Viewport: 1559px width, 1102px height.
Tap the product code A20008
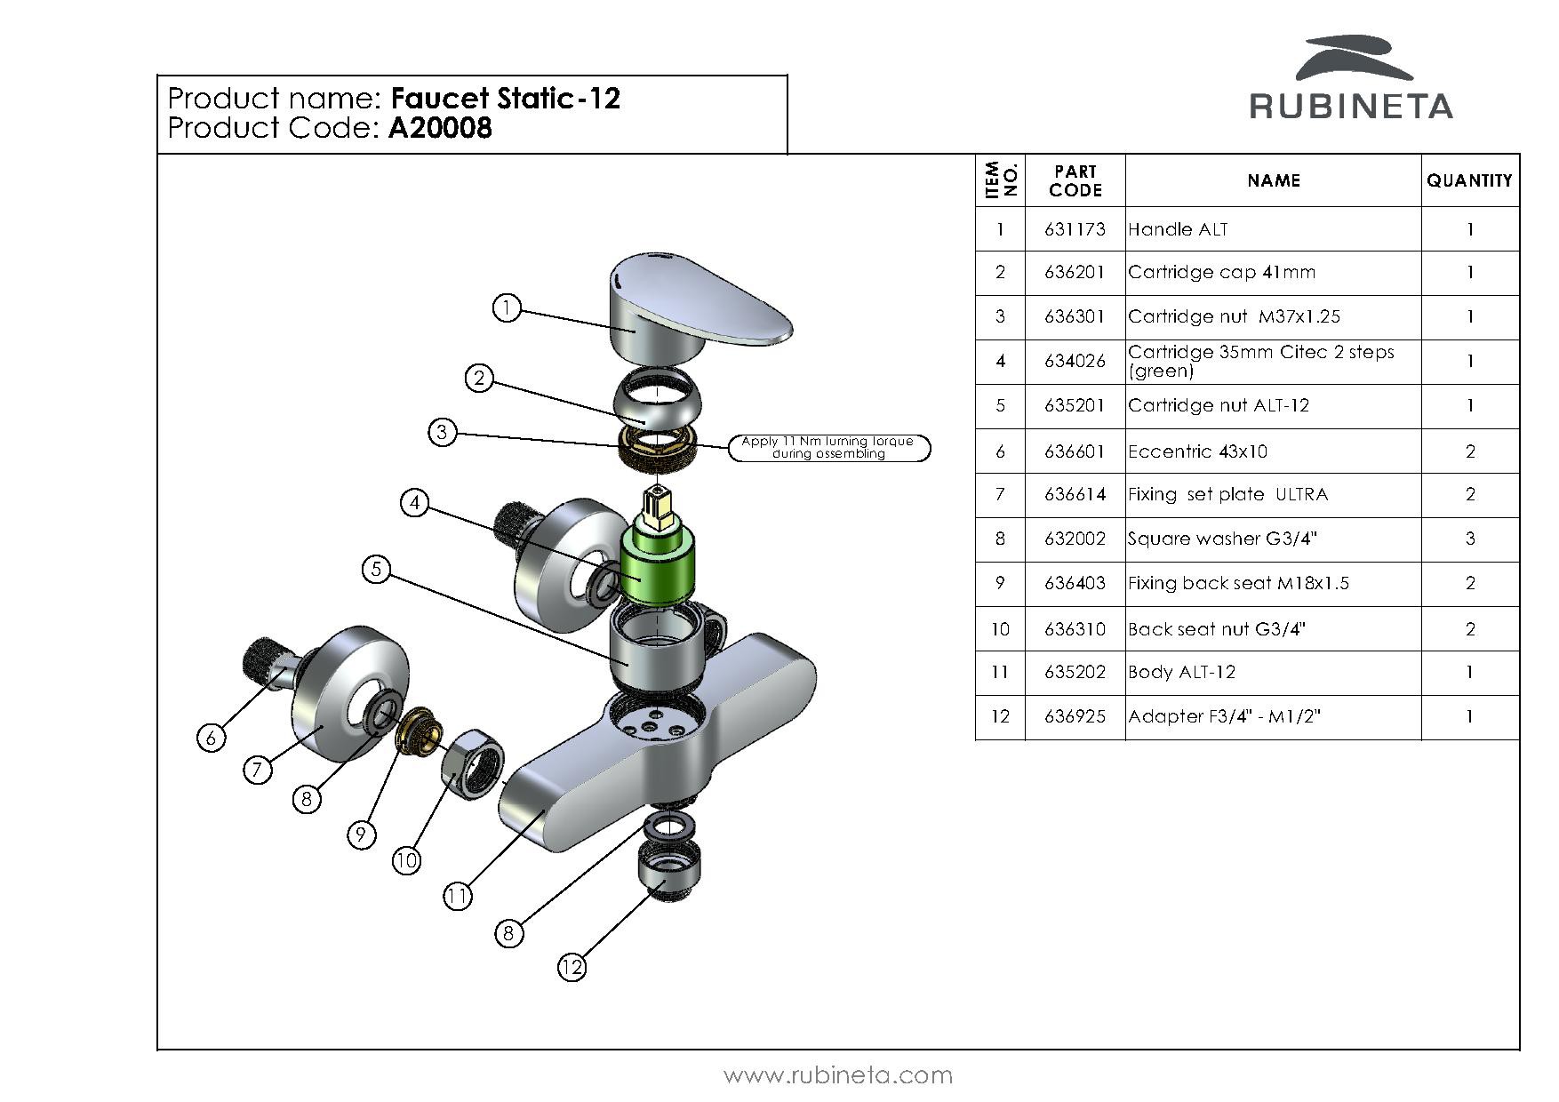[440, 129]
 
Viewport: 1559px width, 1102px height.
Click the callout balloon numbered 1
[507, 308]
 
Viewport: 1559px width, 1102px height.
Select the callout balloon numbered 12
[572, 967]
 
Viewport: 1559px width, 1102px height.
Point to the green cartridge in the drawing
[657, 565]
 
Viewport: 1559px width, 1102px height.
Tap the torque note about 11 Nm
[828, 448]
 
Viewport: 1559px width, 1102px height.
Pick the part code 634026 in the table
[1075, 361]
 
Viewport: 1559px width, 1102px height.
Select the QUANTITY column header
[1469, 180]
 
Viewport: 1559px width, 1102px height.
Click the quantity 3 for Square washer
[1469, 539]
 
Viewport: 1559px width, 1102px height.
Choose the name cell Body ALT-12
[1181, 672]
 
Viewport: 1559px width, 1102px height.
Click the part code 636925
[1075, 716]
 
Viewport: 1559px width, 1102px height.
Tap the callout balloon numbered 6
[211, 737]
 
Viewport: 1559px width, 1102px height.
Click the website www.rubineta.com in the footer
[838, 1075]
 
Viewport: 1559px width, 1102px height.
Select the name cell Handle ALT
[1178, 229]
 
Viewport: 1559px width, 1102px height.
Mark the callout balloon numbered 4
[414, 503]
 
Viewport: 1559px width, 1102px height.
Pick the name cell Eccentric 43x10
[1197, 451]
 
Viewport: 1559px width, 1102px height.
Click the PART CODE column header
[1075, 180]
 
